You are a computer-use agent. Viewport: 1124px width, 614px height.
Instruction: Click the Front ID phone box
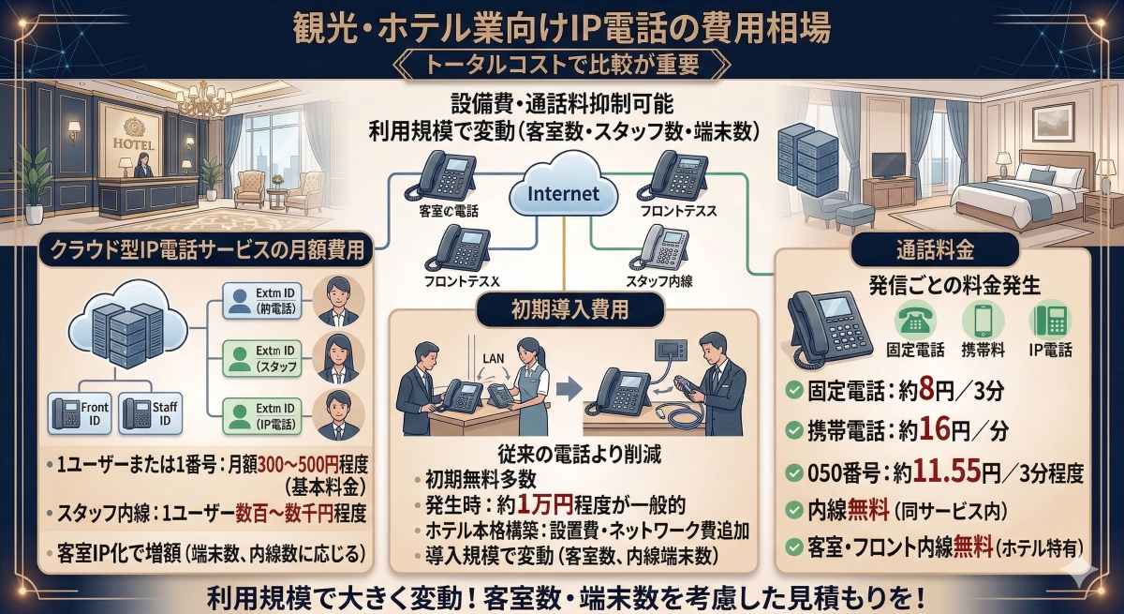pyautogui.click(x=80, y=414)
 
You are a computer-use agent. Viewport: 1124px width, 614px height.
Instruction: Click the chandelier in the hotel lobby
pyautogui.click(x=202, y=96)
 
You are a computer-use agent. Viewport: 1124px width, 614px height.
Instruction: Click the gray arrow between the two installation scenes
pyautogui.click(x=562, y=388)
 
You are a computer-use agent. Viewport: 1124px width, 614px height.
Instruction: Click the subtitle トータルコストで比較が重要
pyautogui.click(x=561, y=66)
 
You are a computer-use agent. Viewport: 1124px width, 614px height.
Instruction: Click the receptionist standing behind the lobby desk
pyautogui.click(x=142, y=164)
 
